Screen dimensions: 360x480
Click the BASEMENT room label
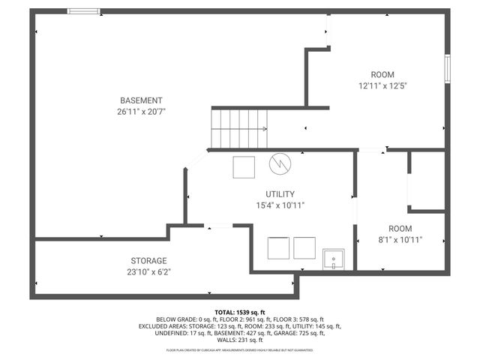(141, 100)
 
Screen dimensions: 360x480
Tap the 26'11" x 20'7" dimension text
(141, 111)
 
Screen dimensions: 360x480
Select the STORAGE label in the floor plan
(148, 261)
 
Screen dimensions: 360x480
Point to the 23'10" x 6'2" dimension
(148, 272)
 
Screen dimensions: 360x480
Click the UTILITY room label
(280, 193)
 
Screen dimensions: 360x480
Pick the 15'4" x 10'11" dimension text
(280, 205)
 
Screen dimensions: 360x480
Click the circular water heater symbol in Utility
(280, 163)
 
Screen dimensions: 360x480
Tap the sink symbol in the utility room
(333, 259)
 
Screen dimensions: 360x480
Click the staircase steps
(238, 128)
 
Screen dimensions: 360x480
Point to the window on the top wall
(83, 11)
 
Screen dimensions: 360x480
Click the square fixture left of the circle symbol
(244, 166)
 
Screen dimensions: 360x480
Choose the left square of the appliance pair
(279, 247)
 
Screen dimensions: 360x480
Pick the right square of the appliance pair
(304, 247)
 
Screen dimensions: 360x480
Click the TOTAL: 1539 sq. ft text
(240, 312)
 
